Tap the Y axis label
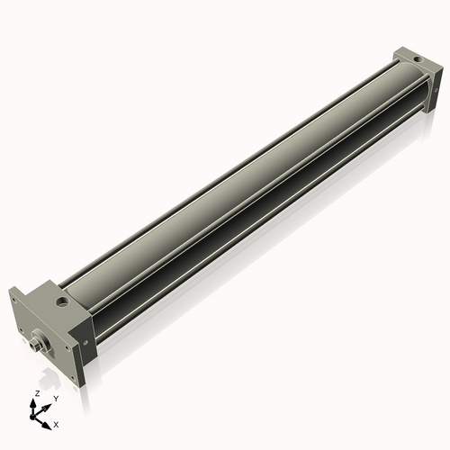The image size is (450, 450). point(56,400)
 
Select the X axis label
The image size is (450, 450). point(56,424)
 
